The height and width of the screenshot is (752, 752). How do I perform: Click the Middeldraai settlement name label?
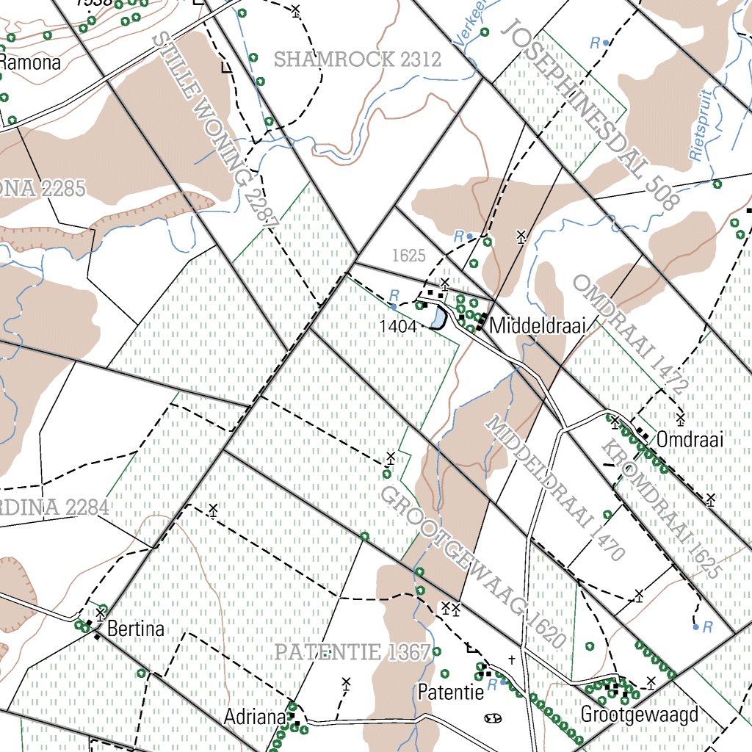537,325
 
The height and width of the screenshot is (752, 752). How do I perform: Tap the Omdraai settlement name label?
690,440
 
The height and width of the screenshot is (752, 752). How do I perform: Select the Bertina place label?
136,629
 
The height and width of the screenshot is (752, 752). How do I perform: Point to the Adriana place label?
254,716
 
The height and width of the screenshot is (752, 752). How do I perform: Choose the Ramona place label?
30,62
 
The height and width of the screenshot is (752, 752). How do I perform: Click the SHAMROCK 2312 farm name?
358,59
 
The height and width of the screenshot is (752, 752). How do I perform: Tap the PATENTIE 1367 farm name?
352,652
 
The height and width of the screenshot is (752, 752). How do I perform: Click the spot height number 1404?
399,325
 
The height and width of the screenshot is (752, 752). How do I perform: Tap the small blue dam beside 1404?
438,318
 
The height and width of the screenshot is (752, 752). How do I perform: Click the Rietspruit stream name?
701,126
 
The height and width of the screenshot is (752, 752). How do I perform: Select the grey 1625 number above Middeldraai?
409,256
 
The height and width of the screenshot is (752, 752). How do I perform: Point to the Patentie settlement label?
451,692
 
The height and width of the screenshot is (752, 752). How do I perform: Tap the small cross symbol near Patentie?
512,659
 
